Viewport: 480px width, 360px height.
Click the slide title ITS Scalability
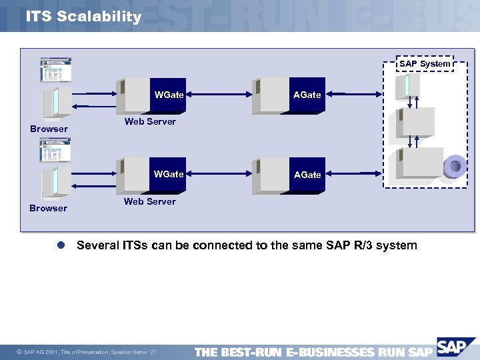point(83,17)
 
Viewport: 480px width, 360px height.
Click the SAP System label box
point(425,64)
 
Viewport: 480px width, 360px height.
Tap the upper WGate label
point(169,95)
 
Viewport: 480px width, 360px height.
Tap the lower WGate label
point(169,174)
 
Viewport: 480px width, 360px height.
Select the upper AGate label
point(307,95)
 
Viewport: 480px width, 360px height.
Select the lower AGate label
point(307,175)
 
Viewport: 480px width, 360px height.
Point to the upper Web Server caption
point(150,121)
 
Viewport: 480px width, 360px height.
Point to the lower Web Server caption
point(150,201)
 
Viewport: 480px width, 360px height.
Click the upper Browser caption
point(49,129)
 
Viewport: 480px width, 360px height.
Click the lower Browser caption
point(49,208)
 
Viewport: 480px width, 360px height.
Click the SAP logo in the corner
point(456,348)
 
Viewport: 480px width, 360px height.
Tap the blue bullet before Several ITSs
point(60,245)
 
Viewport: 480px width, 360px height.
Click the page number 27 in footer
point(153,352)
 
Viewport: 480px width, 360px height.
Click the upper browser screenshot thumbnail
point(56,70)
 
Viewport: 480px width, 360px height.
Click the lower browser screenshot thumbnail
point(56,150)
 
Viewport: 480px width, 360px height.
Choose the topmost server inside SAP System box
point(407,85)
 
